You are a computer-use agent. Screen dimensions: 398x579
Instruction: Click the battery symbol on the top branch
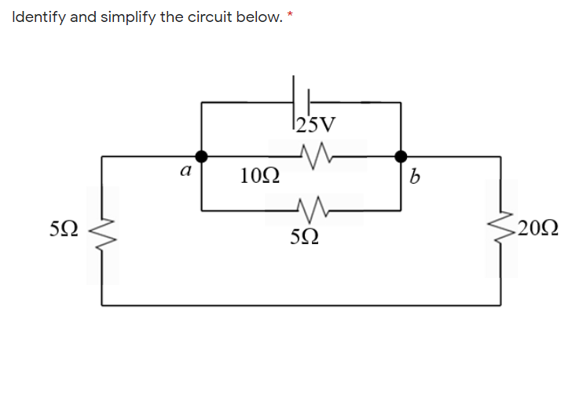[x=300, y=100]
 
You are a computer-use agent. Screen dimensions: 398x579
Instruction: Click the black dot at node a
[x=202, y=155]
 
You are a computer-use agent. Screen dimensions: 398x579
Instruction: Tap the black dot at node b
[x=401, y=155]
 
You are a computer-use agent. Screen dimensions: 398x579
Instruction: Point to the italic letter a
[x=185, y=170]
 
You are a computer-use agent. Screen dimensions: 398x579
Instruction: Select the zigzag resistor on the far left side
[x=102, y=231]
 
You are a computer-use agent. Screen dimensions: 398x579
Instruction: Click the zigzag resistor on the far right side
[x=501, y=229]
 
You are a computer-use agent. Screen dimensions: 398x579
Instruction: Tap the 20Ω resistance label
[x=538, y=229]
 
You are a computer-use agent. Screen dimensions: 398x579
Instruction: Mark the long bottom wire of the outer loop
[x=302, y=305]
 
